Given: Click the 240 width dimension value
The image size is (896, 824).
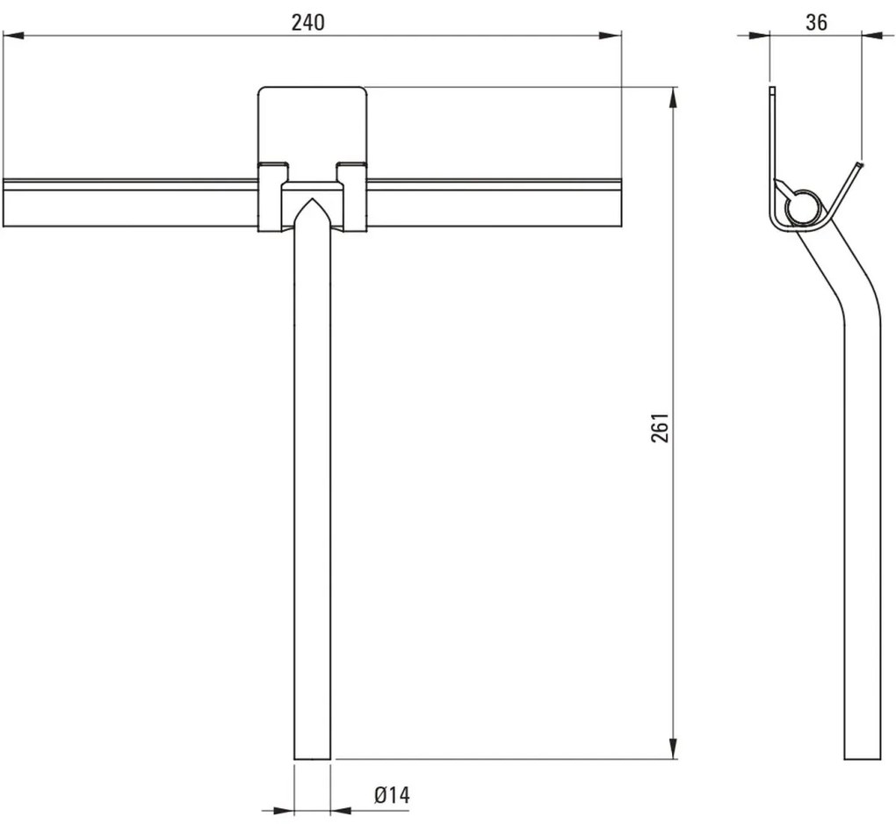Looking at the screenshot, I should tap(308, 24).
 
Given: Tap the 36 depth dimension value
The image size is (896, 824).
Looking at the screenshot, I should tap(816, 23).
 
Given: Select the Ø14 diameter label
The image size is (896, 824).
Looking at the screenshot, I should tap(392, 796).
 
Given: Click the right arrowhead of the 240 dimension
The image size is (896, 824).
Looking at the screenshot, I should tap(613, 35).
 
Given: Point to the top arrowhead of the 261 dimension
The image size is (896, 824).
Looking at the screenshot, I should tap(674, 96).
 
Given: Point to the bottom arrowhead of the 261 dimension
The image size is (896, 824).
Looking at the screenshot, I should tap(674, 748).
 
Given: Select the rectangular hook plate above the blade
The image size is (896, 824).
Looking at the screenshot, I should tap(311, 123).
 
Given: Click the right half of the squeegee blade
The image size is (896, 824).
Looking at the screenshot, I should tap(493, 203).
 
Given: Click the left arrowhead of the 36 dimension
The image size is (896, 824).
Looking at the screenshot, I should tap(761, 34).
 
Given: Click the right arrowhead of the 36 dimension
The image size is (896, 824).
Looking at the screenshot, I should tap(870, 34).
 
